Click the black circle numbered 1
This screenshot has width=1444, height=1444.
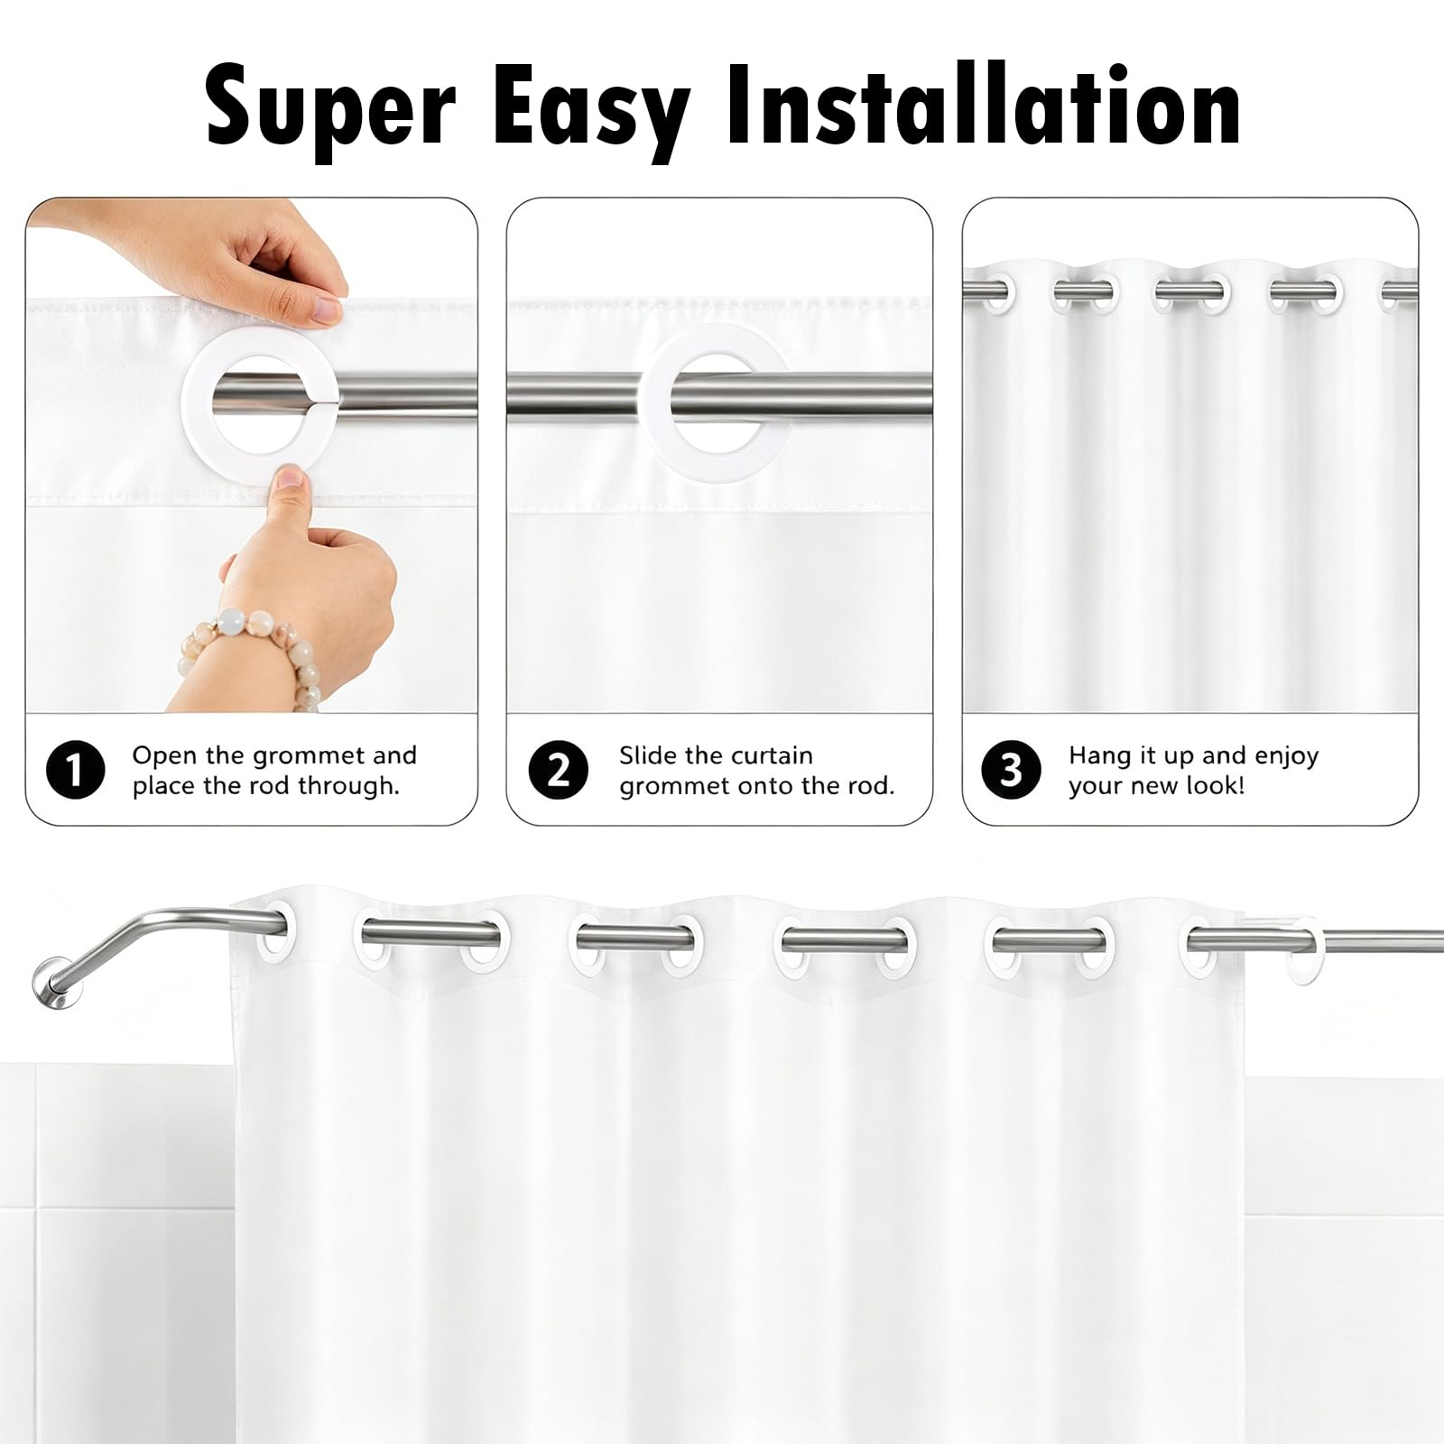pos(75,770)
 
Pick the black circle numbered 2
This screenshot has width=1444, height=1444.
pos(559,770)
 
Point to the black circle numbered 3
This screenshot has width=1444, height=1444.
pos(1011,770)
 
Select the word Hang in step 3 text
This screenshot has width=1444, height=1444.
pos(1098,755)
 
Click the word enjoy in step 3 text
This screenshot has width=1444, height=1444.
pos(1285,756)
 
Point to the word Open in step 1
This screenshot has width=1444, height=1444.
pos(165,756)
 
